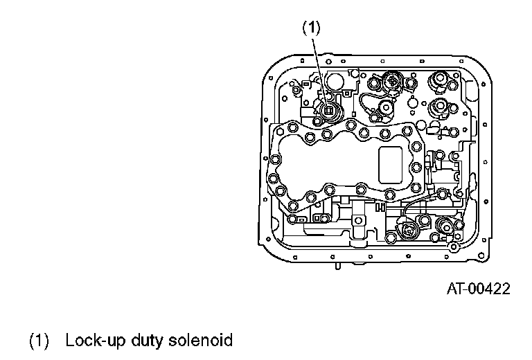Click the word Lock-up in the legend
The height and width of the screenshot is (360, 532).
[x=89, y=341]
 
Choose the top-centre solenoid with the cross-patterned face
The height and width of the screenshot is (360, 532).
[x=392, y=83]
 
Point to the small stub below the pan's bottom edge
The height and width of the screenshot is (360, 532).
[x=337, y=264]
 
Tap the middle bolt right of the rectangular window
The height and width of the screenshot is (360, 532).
[x=416, y=168]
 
